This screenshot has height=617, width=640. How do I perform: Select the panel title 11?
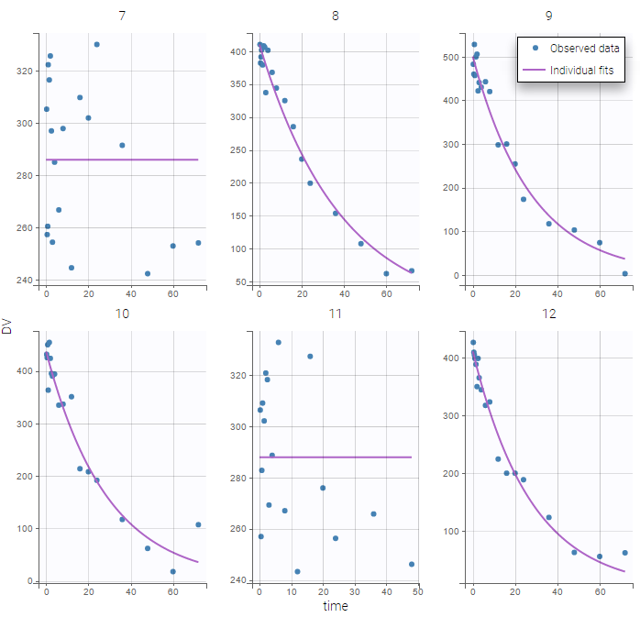[x=335, y=314]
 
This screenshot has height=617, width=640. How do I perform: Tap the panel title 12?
[x=547, y=314]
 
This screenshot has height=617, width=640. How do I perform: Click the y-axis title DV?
[x=7, y=325]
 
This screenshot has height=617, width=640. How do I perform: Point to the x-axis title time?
[x=335, y=605]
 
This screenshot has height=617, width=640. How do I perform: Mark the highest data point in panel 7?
[x=96, y=44]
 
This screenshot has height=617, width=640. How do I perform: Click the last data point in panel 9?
[x=624, y=273]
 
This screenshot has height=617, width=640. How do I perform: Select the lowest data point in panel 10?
[x=172, y=571]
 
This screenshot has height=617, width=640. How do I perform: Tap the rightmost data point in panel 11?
[x=412, y=564]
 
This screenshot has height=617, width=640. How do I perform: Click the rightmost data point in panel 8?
[x=412, y=270]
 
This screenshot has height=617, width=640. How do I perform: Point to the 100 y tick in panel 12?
[x=450, y=532]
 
